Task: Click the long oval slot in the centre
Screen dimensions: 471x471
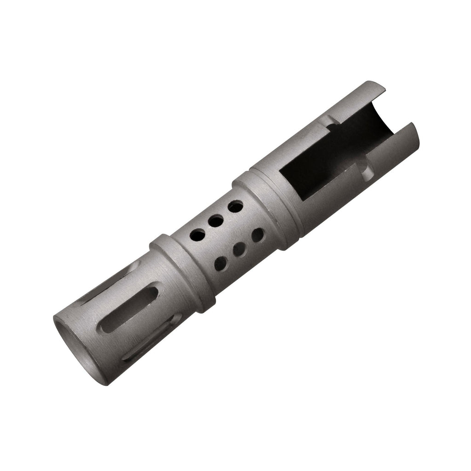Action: (130, 309)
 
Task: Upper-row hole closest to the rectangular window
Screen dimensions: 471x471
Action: (235, 207)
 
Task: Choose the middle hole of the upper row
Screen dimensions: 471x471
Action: (215, 221)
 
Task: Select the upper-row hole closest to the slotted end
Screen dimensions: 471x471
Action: (197, 235)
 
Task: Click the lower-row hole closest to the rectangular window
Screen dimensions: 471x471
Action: (258, 235)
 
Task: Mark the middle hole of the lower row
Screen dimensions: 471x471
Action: (239, 250)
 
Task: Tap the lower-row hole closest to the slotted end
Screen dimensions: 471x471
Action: (221, 264)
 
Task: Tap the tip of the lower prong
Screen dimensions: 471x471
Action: (414, 126)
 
